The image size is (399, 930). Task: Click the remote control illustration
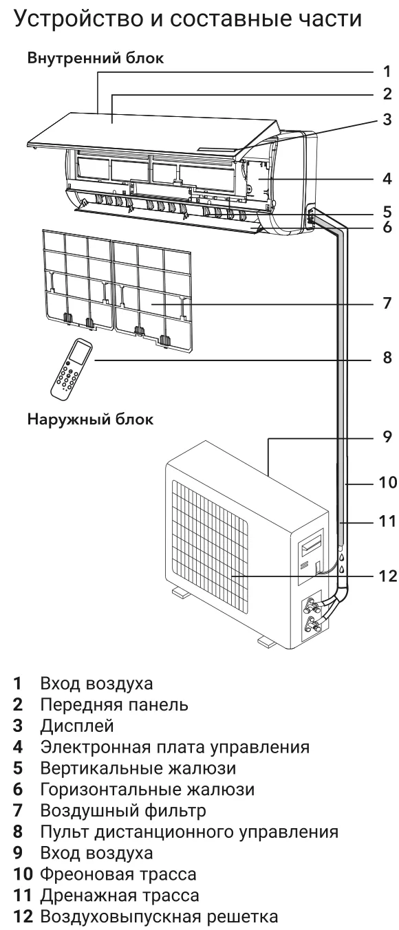(x=71, y=369)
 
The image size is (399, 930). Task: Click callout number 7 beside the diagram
(x=387, y=303)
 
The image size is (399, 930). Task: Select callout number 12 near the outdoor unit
(x=388, y=576)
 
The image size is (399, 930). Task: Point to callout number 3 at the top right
(x=387, y=120)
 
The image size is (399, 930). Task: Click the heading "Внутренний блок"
(x=96, y=58)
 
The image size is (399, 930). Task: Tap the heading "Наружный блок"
(x=90, y=419)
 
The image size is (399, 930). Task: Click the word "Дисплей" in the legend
(x=77, y=726)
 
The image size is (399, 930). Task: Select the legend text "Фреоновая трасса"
(x=118, y=874)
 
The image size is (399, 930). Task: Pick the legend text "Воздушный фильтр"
(x=123, y=810)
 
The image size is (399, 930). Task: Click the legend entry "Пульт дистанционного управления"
(x=189, y=832)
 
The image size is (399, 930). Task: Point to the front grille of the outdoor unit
(x=210, y=548)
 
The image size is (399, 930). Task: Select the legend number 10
(x=23, y=874)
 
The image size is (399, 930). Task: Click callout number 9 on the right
(x=387, y=436)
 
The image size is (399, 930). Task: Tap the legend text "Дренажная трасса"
(x=120, y=896)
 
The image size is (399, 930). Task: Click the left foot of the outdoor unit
(x=180, y=593)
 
